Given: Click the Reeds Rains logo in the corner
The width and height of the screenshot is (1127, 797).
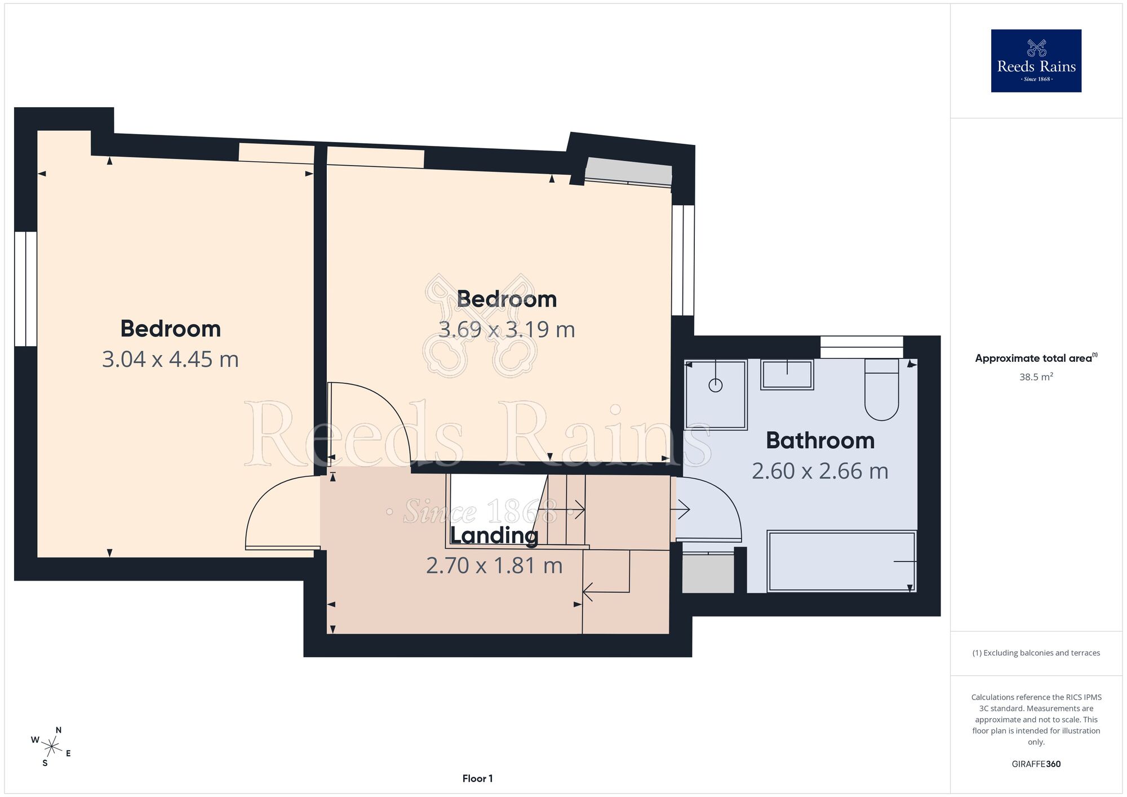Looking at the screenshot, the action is tap(1036, 61).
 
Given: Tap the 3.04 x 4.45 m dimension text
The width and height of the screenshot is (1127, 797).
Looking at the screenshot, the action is tap(170, 359).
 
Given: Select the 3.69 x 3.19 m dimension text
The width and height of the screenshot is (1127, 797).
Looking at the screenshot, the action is tap(507, 329).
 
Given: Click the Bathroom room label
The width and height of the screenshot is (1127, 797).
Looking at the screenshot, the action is tap(820, 440).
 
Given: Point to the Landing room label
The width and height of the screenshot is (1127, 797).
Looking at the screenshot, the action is tap(494, 535).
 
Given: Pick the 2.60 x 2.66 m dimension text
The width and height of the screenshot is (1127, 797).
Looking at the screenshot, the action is tap(820, 471).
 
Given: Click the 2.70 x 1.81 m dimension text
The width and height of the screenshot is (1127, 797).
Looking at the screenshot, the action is tap(494, 565).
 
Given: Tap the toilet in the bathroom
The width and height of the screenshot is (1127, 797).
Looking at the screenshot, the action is tap(881, 389).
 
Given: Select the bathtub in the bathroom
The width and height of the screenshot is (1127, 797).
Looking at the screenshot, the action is tap(842, 561).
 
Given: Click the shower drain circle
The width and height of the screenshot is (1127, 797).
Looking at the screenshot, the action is tap(716, 386).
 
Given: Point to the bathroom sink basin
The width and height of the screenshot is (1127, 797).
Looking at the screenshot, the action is tap(787, 374).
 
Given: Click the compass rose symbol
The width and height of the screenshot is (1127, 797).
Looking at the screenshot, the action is tap(51, 747).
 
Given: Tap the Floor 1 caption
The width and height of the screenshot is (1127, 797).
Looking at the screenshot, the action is tap(477, 778).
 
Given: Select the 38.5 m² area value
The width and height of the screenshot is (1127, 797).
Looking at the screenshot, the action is tap(1036, 377).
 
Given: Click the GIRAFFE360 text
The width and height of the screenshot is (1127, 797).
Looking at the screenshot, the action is tap(1036, 764).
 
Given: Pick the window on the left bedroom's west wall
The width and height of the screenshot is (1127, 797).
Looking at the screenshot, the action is tap(25, 289).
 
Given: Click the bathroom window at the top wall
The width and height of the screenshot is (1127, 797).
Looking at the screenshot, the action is tap(862, 347).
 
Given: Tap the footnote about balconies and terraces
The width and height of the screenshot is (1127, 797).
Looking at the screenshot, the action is tap(1036, 653).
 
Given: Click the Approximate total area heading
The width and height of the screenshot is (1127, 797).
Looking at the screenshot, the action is tap(1036, 358).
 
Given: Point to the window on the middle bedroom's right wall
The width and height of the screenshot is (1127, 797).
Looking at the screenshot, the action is tap(683, 260).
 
